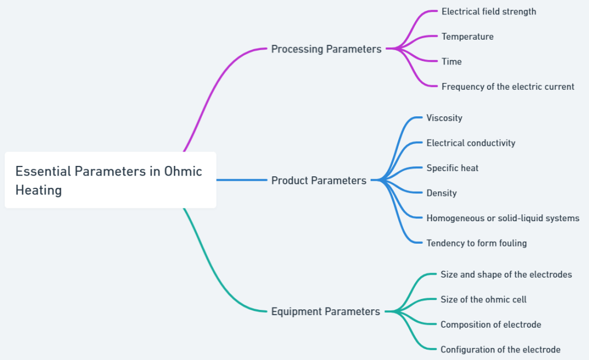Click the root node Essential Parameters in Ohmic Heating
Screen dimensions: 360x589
point(110,180)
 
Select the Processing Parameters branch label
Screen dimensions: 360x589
point(326,49)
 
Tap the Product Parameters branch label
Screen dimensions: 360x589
point(319,180)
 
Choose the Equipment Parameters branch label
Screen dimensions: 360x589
point(326,312)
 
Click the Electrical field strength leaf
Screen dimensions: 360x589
point(489,12)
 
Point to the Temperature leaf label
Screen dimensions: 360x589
point(467,36)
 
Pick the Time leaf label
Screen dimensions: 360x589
point(451,62)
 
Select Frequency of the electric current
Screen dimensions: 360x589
point(508,86)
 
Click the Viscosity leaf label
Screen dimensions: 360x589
point(444,118)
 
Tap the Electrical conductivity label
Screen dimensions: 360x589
point(471,143)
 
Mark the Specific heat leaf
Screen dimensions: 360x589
point(452,168)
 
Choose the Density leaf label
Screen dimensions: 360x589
point(441,193)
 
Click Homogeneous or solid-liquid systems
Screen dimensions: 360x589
point(503,218)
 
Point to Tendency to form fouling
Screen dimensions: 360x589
point(477,243)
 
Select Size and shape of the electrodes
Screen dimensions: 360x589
point(506,275)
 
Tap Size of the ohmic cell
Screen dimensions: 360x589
point(484,300)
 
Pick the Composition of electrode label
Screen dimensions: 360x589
point(490,325)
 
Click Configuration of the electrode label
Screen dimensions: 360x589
point(500,350)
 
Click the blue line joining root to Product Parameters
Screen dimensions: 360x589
point(242,180)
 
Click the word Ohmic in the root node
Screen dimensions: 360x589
point(183,171)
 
